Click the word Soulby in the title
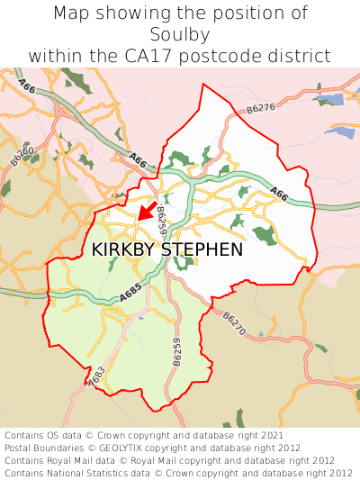tap(180, 34)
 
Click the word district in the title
tap(298, 56)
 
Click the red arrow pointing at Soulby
tap(146, 211)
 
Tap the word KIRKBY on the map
tap(123, 249)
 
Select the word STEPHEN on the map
tap(202, 249)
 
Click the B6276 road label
tap(260, 109)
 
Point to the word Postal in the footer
tap(20, 448)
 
